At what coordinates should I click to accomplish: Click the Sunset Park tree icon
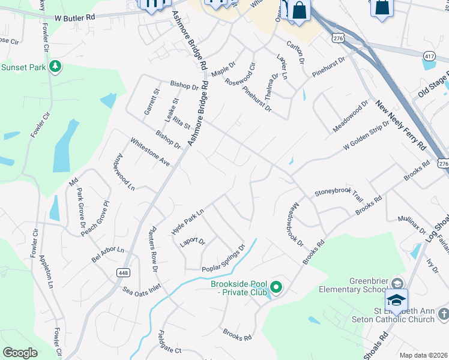[56, 66]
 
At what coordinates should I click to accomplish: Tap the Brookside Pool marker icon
[276, 287]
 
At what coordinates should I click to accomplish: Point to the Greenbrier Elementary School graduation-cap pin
[396, 299]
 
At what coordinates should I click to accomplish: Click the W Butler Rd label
[73, 18]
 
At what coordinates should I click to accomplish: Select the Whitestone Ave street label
[150, 152]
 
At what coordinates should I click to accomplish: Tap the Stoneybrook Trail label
[339, 194]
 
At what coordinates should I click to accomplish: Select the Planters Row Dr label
[154, 248]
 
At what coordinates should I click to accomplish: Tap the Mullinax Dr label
[415, 229]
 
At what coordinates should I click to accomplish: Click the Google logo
[20, 353]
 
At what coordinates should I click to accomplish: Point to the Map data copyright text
[423, 355]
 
